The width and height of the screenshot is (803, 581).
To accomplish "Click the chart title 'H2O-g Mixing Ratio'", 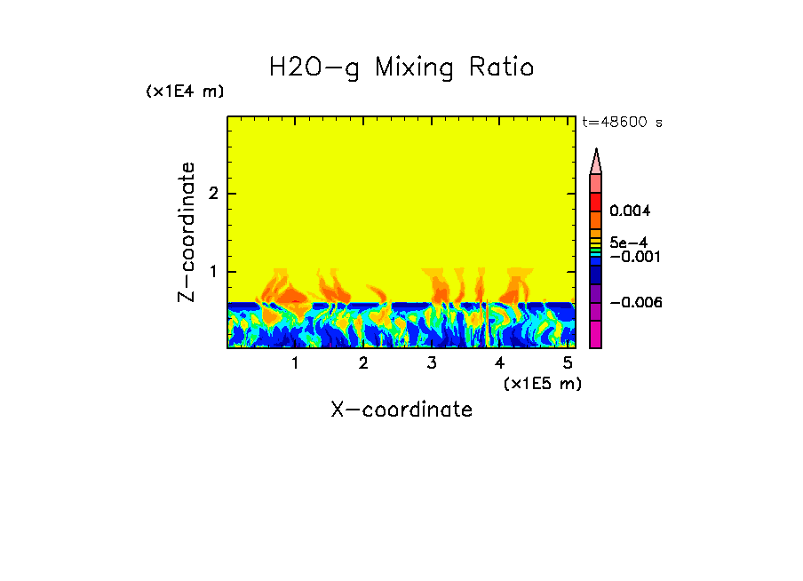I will [x=401, y=67].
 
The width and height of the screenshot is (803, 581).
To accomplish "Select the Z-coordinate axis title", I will [x=187, y=232].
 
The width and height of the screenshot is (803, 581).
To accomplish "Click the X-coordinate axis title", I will [x=401, y=410].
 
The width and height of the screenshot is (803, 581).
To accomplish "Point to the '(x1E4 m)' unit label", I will [x=185, y=92].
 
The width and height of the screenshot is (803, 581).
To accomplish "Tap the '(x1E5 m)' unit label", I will [x=542, y=383].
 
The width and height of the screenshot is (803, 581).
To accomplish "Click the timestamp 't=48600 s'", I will [x=622, y=123].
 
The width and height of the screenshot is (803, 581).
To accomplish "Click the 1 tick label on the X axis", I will [x=295, y=362].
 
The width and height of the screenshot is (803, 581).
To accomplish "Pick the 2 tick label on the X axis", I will [x=363, y=362].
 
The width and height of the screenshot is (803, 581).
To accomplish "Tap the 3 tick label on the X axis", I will [x=432, y=362].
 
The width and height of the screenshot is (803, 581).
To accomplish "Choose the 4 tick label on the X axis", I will [x=499, y=362].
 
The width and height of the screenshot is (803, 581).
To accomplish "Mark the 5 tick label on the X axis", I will [x=568, y=362].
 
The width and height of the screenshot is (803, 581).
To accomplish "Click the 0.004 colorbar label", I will [x=631, y=211].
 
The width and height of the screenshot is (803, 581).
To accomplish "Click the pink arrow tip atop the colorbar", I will [x=596, y=161].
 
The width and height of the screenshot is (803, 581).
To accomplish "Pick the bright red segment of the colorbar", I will [x=596, y=202].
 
